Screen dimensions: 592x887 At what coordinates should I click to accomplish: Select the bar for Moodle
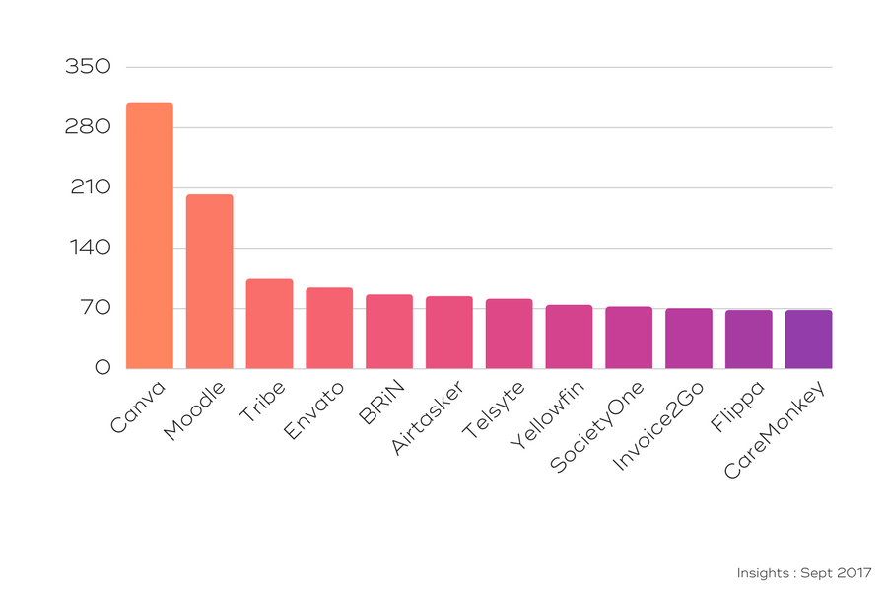210,281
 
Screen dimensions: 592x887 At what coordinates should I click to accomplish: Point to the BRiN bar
389,332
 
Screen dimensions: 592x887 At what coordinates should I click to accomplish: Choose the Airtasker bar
449,333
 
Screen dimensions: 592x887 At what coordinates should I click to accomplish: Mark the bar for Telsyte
510,333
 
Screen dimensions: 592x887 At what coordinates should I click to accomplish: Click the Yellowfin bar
569,336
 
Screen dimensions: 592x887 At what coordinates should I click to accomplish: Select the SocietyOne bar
629,337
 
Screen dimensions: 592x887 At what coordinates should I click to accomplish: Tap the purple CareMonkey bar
808,339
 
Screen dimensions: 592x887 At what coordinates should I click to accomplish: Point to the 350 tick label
88,67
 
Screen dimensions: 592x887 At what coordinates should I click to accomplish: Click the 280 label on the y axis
88,127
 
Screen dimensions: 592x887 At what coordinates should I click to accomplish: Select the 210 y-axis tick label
89,187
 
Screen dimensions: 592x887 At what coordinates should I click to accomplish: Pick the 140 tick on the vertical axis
89,248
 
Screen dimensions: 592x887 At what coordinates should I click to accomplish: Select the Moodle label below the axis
196,409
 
